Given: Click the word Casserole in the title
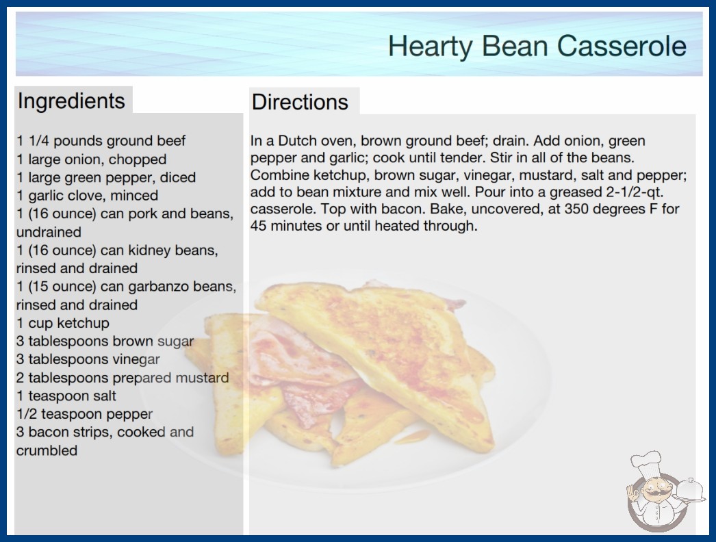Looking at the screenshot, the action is coord(622,46).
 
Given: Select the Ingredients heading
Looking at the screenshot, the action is coord(71,101).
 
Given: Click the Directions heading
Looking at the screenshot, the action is coord(300,102).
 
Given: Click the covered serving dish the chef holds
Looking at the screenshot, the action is coord(690,491).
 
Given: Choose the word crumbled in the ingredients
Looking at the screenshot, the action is coord(47,451).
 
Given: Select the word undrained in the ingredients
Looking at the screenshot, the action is coord(49,232).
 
